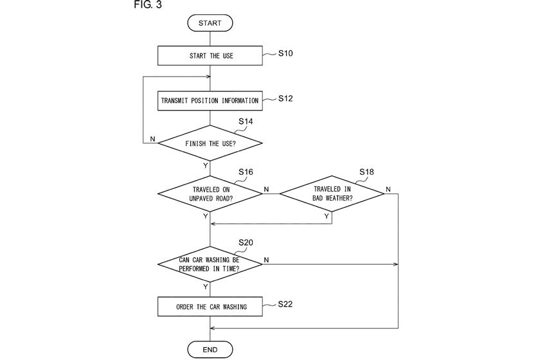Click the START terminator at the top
click(210, 23)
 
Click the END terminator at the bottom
click(210, 350)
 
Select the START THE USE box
click(210, 56)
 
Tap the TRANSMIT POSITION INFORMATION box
click(210, 100)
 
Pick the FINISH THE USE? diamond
click(210, 143)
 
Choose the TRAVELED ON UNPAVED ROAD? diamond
click(210, 194)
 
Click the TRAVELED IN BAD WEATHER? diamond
click(332, 194)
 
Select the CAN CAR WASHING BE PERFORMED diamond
click(210, 264)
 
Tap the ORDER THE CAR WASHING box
click(210, 307)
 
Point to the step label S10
click(285, 53)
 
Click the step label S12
click(285, 98)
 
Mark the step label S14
click(246, 121)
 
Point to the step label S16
click(246, 172)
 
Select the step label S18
click(366, 172)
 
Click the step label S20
click(246, 242)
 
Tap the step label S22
click(285, 304)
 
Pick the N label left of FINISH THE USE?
click(152, 139)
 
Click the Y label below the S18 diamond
click(327, 217)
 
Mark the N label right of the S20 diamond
click(266, 260)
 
